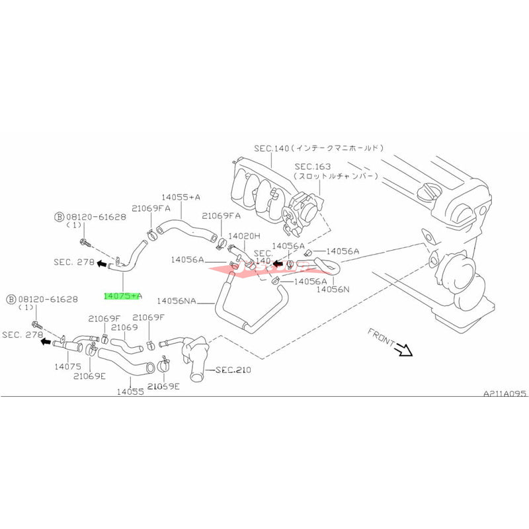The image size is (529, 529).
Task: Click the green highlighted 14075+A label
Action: tap(123, 296)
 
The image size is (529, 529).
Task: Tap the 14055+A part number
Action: tap(180, 196)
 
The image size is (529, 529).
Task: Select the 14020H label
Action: tap(244, 235)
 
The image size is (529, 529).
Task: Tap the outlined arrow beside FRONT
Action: tap(403, 350)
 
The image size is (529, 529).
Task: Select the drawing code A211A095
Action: tap(504, 393)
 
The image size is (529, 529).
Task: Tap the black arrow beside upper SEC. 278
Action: tap(101, 263)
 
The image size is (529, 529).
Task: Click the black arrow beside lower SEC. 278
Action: tap(45, 342)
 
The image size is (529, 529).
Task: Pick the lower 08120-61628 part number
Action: tap(46, 300)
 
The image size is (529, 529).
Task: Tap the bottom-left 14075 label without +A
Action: tap(67, 366)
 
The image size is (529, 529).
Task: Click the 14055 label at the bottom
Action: tap(131, 391)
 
